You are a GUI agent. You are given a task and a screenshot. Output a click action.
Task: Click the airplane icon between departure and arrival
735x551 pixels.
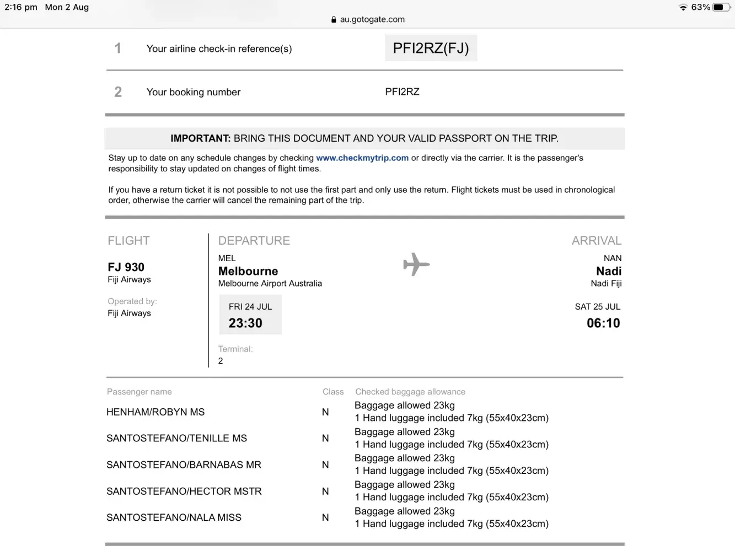[416, 264]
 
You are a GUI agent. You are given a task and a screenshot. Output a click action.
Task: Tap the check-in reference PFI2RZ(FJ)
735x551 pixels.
[431, 48]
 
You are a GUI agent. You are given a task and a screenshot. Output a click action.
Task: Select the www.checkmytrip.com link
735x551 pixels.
[362, 158]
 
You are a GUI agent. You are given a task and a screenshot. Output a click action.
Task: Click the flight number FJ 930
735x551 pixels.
[126, 267]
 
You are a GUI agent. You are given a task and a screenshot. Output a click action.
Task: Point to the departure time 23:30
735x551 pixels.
[245, 323]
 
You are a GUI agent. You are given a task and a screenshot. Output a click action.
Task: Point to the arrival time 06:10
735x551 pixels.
[603, 323]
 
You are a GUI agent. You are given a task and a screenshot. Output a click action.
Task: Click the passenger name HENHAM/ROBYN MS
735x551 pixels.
[155, 412]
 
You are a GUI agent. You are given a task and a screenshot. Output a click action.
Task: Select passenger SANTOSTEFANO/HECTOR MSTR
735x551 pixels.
[184, 491]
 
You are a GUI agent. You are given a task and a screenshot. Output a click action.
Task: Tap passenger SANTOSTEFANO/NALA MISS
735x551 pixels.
[174, 518]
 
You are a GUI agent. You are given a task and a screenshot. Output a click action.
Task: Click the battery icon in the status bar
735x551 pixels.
[721, 7]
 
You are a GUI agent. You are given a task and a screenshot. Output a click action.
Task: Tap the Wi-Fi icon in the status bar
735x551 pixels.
[683, 8]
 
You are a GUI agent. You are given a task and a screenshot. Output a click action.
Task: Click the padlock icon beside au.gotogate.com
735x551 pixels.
[334, 19]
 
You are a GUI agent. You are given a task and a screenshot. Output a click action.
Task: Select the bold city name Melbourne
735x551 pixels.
[248, 271]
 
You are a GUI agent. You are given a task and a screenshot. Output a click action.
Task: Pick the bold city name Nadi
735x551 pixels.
[609, 271]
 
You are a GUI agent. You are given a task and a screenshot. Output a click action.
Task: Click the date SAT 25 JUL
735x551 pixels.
[597, 307]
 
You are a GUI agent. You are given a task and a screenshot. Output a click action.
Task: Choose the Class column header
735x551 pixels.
[333, 392]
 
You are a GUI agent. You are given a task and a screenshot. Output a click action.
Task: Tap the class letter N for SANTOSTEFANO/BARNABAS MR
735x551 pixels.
[325, 465]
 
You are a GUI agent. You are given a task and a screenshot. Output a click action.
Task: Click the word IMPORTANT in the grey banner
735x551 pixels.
[200, 138]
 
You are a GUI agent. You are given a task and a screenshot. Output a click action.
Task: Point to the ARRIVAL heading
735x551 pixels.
[596, 241]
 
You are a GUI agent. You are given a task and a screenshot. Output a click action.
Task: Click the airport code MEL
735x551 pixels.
[227, 258]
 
